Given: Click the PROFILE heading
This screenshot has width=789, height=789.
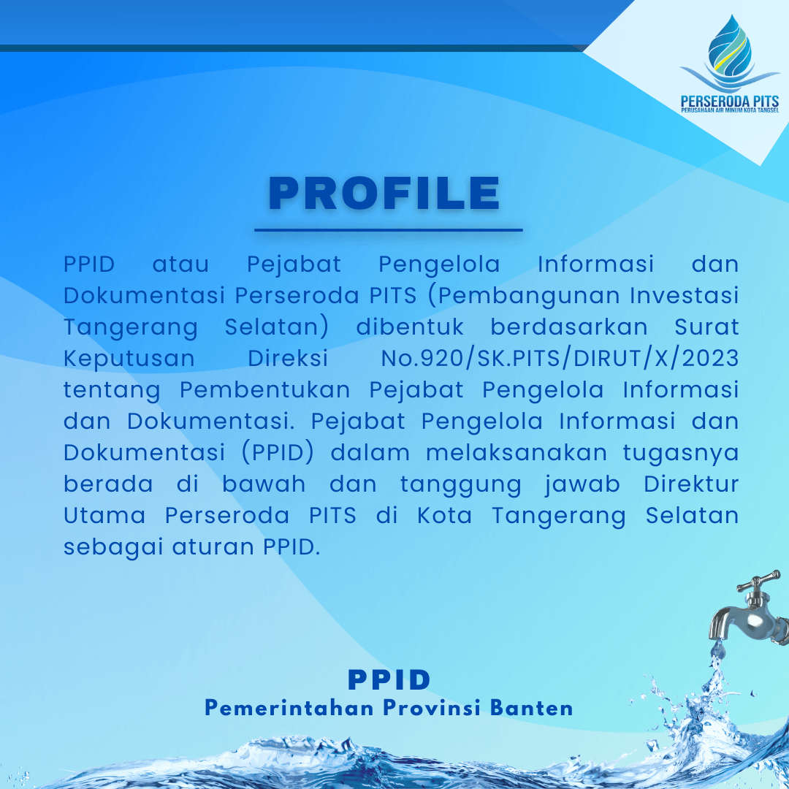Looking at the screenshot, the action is pos(384,193).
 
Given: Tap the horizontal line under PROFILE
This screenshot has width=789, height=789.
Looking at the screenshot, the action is pos(389,230).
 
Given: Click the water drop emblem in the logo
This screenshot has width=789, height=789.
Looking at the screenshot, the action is pos(730,52).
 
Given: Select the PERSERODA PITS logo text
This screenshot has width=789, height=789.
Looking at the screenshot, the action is pos(730,101).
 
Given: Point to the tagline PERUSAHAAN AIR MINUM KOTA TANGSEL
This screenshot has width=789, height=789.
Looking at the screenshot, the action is pos(730,110).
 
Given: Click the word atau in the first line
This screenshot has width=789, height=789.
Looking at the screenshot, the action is pos(180,264).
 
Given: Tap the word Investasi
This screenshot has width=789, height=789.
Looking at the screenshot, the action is pos(685,296).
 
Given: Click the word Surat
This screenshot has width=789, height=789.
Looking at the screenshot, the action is pos(706,327).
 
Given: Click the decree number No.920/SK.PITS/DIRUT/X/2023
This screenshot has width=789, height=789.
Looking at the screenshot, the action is pos(560,359).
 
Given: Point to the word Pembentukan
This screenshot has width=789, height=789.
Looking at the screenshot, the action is pos(264,390).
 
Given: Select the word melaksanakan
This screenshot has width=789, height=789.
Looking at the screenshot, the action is pos(517,453).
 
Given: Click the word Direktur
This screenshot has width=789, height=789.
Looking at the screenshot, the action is pos(691,484).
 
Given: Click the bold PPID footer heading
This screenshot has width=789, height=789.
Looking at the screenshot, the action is pos(389,680).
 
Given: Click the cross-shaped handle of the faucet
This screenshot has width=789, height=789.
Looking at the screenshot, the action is pos(759,583).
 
